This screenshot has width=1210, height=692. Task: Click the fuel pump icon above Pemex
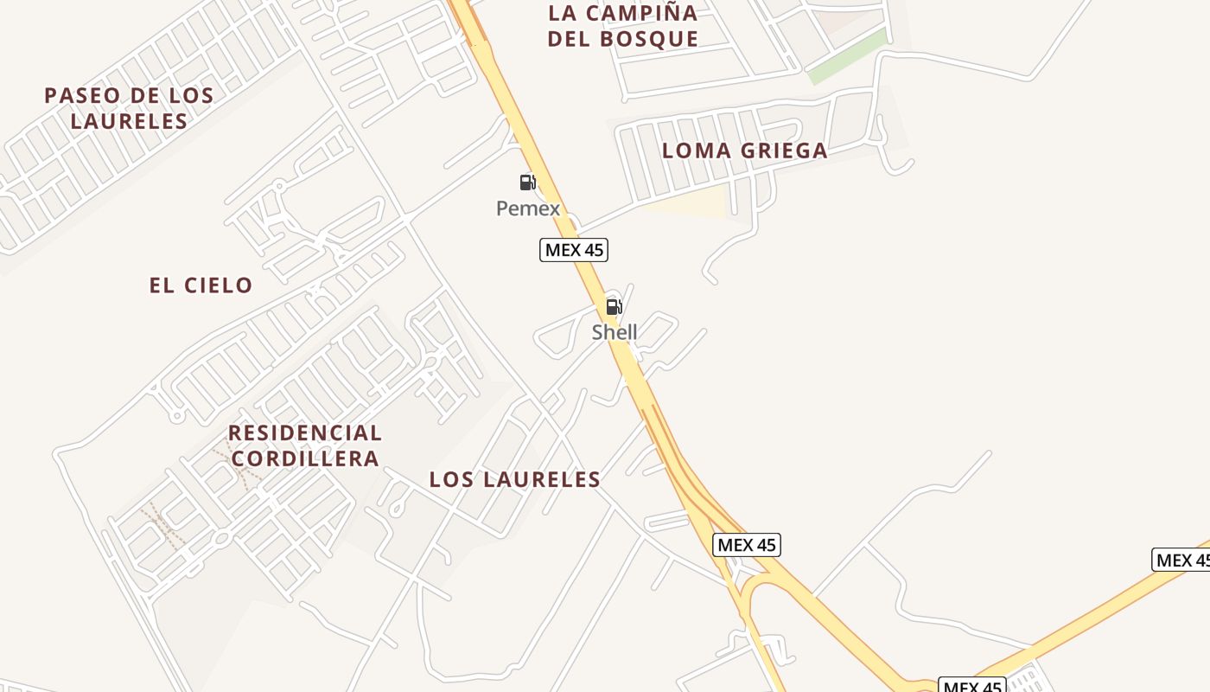pyautogui.click(x=527, y=183)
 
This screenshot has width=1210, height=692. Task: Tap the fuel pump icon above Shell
pyautogui.click(x=614, y=306)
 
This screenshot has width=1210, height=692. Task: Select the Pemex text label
pyautogui.click(x=528, y=208)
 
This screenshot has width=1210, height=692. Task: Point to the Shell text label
pyautogui.click(x=615, y=332)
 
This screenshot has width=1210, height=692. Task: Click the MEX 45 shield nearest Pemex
pyautogui.click(x=574, y=250)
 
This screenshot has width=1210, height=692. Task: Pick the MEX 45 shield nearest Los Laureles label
pyautogui.click(x=747, y=545)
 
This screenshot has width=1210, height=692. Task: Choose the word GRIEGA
pyautogui.click(x=783, y=151)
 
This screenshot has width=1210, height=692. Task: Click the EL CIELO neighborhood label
pyautogui.click(x=201, y=285)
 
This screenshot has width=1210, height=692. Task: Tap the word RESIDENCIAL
pyautogui.click(x=305, y=432)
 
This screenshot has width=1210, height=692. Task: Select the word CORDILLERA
pyautogui.click(x=305, y=458)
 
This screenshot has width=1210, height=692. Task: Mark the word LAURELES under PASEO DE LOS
pyautogui.click(x=129, y=121)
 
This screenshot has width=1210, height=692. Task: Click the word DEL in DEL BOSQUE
pyautogui.click(x=568, y=39)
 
